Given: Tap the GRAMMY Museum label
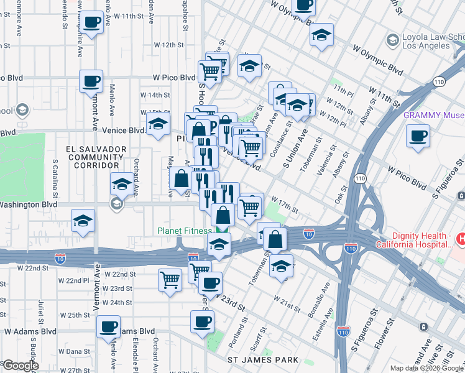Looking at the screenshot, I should click(x=433, y=115).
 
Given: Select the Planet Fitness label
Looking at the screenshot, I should click(x=184, y=231).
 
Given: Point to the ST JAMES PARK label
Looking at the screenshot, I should click(x=263, y=360).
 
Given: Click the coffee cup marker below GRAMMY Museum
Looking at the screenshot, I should click(x=418, y=136).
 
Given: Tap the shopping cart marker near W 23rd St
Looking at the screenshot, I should click(x=170, y=280).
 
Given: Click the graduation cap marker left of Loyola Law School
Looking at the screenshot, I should click(x=321, y=35).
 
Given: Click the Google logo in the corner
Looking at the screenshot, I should click(x=20, y=366).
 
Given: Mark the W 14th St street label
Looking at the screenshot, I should click(x=155, y=94).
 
